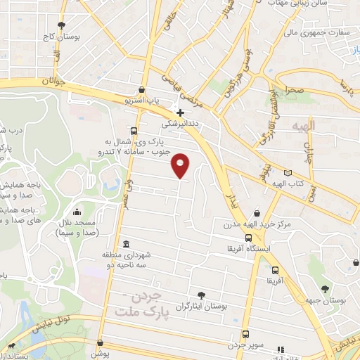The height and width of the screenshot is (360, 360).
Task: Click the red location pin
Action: pyautogui.click(x=181, y=165)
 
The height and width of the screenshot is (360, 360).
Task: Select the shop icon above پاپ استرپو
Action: pyautogui.click(x=143, y=90)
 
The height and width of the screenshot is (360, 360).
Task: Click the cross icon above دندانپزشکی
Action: pyautogui.click(x=181, y=112)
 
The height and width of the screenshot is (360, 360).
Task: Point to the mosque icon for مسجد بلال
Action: pyautogui.click(x=77, y=211)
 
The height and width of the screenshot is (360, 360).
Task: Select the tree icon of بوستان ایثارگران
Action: pyautogui.click(x=202, y=295)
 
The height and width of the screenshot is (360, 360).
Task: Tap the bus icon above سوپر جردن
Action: pyautogui.click(x=245, y=334)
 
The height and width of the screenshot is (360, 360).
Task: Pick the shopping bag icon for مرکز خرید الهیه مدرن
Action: pyautogui.click(x=257, y=212)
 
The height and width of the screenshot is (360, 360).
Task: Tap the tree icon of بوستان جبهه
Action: pyautogui.click(x=324, y=288)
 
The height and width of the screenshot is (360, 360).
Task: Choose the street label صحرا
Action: pyautogui.click(x=294, y=90)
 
